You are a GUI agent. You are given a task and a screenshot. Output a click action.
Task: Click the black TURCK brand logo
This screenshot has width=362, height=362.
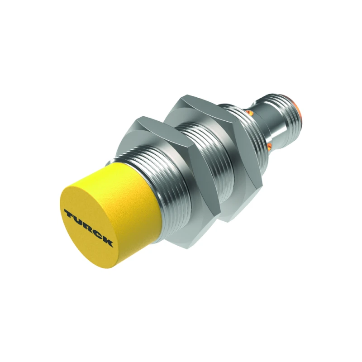point(89,227)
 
